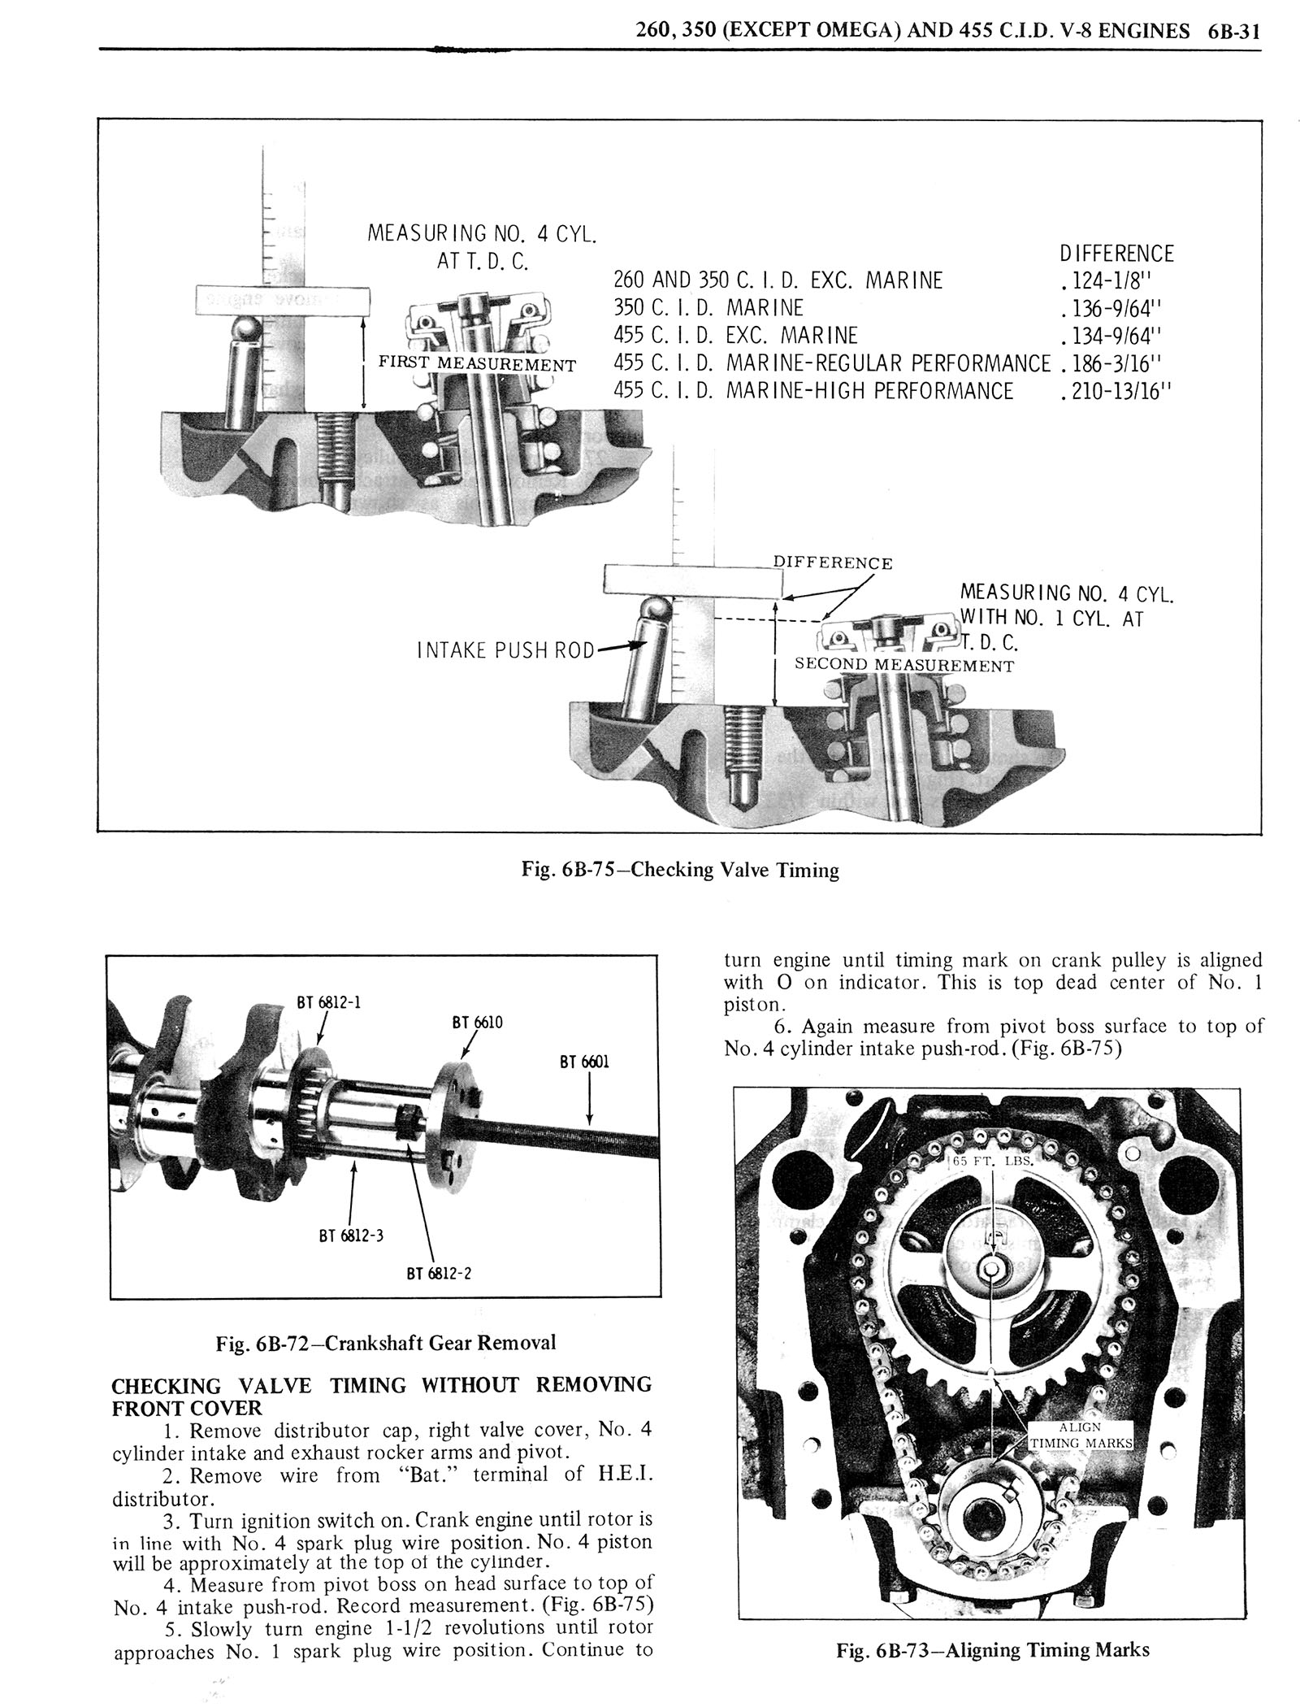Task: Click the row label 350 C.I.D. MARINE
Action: coord(707,308)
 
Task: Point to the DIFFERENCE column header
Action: coord(1117,254)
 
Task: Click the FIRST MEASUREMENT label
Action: coord(477,364)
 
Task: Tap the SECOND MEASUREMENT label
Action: coord(904,666)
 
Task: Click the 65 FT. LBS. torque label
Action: coord(993,1161)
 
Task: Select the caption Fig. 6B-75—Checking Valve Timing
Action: coord(679,871)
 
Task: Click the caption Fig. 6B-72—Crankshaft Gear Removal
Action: coord(385,1342)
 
